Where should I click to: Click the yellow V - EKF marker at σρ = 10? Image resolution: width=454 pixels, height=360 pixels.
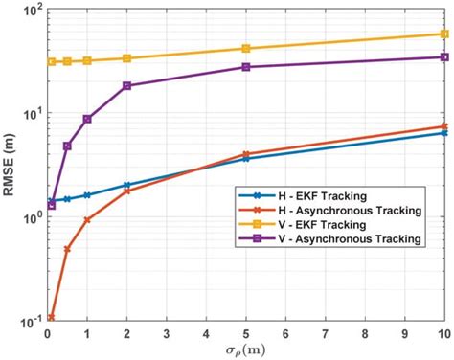pos(444,34)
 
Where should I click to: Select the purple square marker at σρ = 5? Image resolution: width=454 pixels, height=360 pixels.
pos(246,67)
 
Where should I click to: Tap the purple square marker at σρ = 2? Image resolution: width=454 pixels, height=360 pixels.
pos(127,86)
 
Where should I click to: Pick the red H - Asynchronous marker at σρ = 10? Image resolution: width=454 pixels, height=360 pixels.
pos(444,126)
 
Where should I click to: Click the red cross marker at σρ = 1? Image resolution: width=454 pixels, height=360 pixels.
pos(87,219)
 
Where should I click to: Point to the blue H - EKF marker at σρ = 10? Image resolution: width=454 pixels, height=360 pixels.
pos(444,133)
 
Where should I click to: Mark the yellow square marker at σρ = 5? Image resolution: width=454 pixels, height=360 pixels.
pos(246,48)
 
